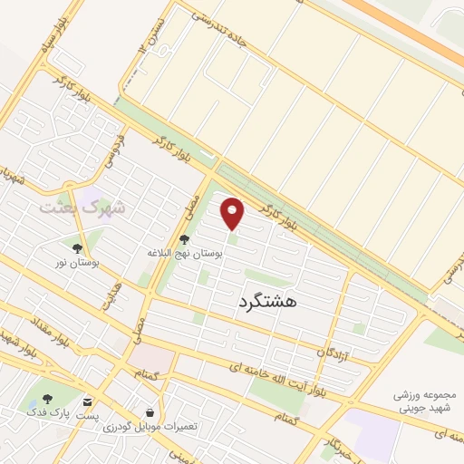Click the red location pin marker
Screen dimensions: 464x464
pos(234,213)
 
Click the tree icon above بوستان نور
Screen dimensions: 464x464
pos(77,246)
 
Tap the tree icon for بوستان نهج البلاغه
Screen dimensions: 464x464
pos(185,239)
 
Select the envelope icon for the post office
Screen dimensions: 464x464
pos(86,401)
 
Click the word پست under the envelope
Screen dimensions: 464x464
pos(86,414)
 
